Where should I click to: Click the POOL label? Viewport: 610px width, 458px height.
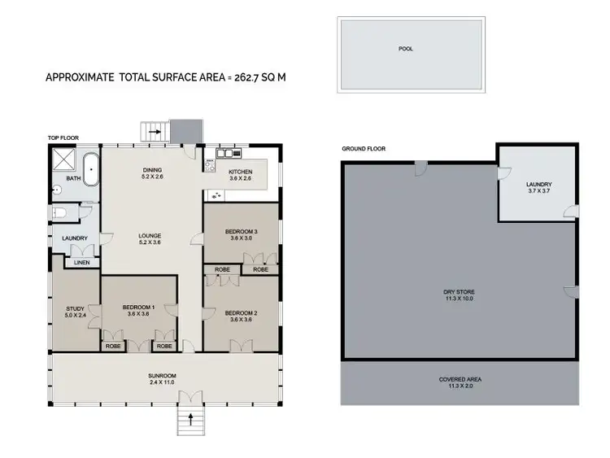click(x=405, y=49)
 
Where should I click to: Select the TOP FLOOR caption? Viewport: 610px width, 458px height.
click(x=63, y=138)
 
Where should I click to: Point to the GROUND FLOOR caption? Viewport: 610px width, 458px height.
click(x=363, y=149)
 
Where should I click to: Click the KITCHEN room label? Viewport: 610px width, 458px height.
click(x=240, y=172)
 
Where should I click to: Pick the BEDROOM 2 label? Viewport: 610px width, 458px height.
click(x=241, y=312)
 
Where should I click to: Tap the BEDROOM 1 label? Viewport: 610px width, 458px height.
click(x=138, y=307)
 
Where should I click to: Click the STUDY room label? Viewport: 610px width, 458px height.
click(x=75, y=308)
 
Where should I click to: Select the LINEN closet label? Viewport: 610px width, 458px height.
click(x=81, y=262)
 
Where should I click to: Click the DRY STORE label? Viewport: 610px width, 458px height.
click(x=459, y=290)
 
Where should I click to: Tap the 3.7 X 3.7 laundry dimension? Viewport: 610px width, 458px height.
click(x=538, y=191)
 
